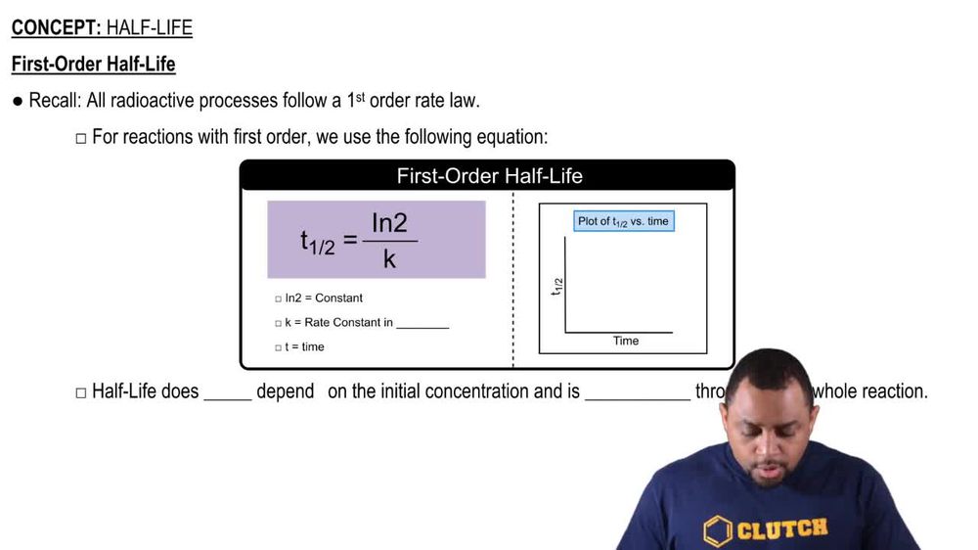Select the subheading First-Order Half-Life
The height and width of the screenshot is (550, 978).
click(x=93, y=65)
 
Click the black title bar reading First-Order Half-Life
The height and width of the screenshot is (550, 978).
click(x=488, y=176)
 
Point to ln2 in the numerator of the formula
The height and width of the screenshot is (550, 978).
click(x=388, y=223)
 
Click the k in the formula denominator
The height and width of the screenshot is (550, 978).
click(x=389, y=259)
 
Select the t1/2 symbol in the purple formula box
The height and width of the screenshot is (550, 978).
click(x=317, y=242)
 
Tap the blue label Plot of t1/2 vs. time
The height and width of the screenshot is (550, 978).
click(x=623, y=221)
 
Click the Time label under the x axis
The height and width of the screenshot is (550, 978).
click(x=626, y=342)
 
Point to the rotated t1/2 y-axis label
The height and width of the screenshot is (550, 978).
click(x=557, y=286)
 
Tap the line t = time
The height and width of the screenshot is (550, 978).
click(x=304, y=346)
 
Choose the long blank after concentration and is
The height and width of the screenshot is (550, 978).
click(x=637, y=393)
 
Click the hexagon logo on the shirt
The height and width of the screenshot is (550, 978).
click(x=718, y=529)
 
